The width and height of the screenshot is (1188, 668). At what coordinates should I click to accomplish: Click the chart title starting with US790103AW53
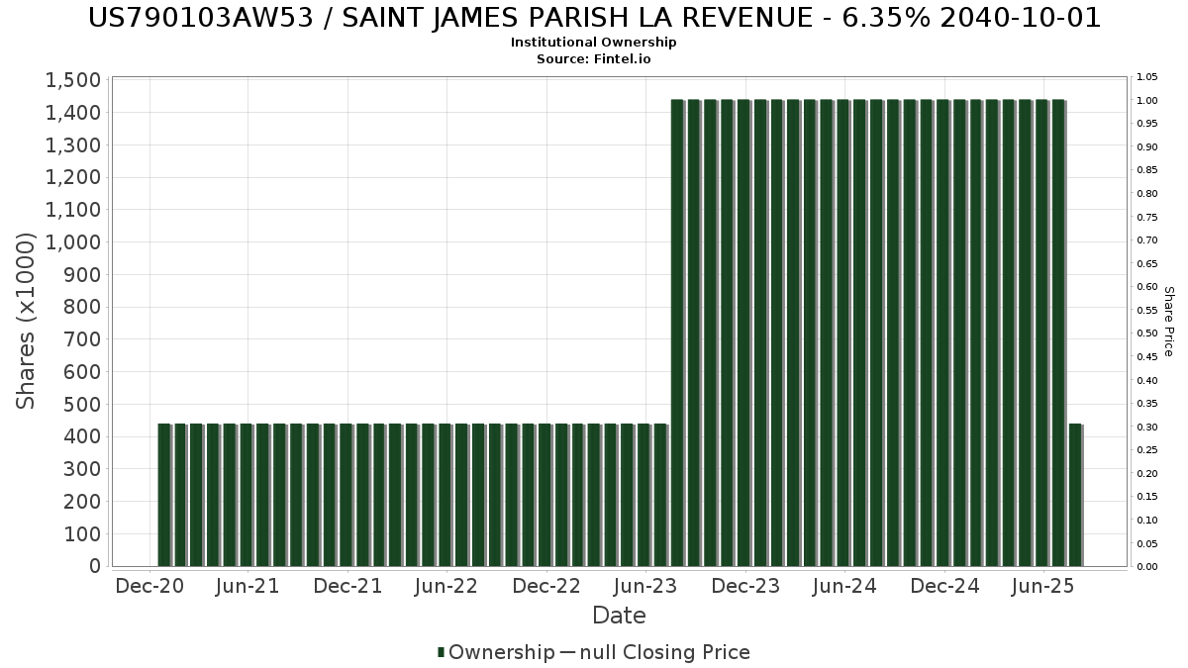(594, 18)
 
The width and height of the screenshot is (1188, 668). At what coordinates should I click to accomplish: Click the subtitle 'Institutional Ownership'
(594, 43)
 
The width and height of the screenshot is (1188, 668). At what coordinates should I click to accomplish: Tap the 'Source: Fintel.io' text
(594, 58)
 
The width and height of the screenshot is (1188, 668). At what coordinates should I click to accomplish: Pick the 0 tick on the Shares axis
(95, 566)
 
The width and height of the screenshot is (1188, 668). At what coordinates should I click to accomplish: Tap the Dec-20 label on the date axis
(149, 586)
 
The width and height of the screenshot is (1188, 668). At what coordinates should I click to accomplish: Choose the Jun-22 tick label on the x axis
(447, 586)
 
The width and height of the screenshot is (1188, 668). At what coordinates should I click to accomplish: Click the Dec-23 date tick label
(745, 586)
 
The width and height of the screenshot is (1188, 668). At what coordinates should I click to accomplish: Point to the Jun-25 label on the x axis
(1042, 586)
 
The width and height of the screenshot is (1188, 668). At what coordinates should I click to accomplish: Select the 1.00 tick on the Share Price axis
(1146, 100)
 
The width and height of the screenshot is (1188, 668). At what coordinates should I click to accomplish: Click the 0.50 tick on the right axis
(1146, 334)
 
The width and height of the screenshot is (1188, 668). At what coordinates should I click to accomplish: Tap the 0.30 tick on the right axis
(1146, 427)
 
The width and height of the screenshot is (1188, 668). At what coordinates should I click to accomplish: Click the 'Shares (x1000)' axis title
(27, 321)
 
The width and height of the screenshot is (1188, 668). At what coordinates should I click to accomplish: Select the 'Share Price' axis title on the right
(1168, 322)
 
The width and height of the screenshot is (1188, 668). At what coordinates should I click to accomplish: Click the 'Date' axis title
(619, 616)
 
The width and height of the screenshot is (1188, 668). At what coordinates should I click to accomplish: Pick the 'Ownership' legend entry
(501, 652)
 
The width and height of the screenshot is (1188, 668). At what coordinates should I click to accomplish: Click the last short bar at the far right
(1075, 495)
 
